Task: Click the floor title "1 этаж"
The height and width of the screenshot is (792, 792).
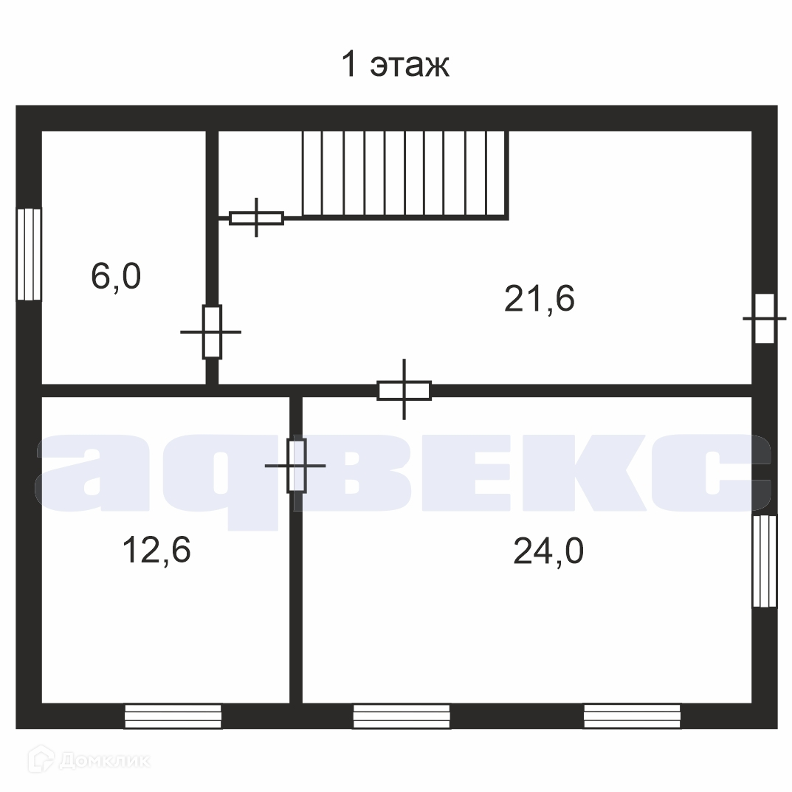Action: [x=396, y=65]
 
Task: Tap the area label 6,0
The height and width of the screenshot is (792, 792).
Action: [x=116, y=276]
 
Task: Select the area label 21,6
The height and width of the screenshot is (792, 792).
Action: [x=540, y=298]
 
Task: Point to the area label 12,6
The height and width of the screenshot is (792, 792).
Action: [x=156, y=550]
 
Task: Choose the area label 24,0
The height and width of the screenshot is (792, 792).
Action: [x=548, y=551]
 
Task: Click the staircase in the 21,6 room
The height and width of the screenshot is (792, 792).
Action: [x=406, y=175]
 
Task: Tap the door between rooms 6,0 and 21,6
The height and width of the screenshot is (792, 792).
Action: [x=212, y=332]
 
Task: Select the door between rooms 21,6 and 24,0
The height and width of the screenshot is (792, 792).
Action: [x=404, y=390]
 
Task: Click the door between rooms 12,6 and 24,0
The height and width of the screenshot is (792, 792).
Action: [x=296, y=466]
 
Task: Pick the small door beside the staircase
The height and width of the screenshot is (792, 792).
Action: [x=257, y=218]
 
